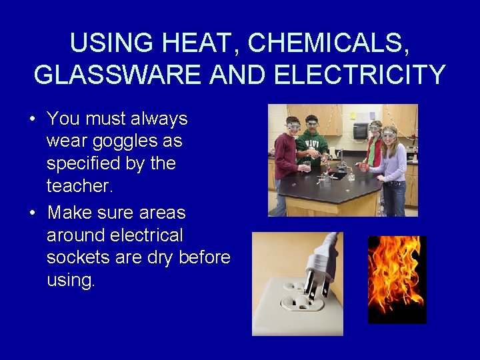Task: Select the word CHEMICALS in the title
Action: pos(319,43)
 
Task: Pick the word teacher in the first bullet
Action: pos(79,186)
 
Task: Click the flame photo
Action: pos(397,279)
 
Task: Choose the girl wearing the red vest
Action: pos(374,147)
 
